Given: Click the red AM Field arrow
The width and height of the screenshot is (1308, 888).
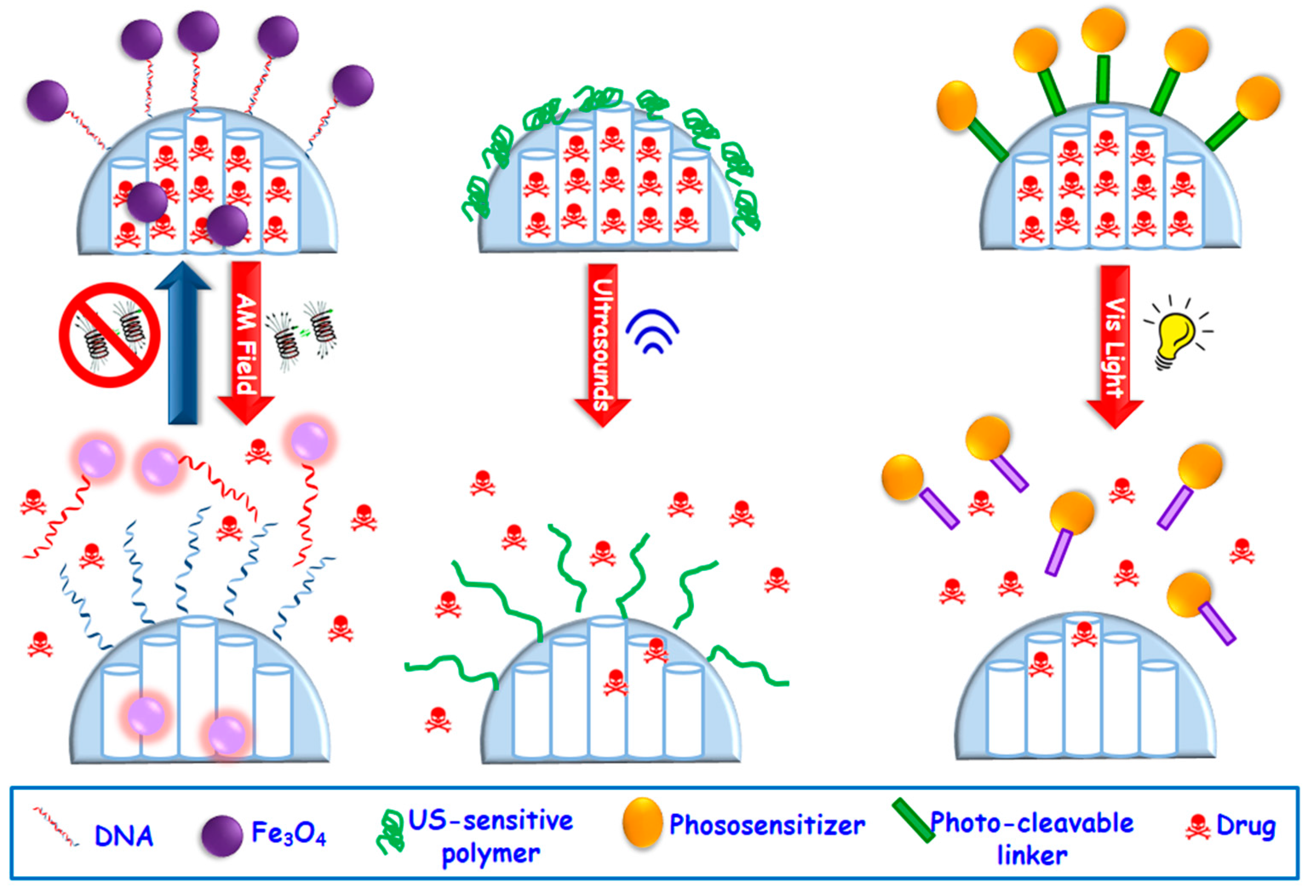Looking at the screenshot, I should tap(246, 338).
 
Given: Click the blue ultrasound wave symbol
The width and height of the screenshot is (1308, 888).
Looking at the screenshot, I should tap(653, 332).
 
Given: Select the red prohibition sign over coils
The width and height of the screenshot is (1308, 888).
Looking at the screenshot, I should tap(110, 335).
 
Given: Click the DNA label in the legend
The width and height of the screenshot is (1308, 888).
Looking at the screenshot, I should tap(124, 836).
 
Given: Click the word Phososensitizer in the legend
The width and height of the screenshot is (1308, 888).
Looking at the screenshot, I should tap(766, 825).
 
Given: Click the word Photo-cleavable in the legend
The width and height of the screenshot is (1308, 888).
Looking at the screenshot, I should tap(1032, 823).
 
